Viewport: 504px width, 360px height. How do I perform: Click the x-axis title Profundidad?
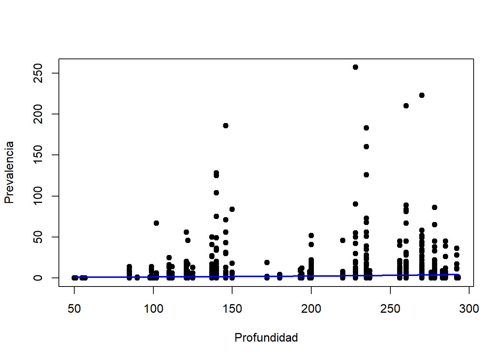(x=266, y=337)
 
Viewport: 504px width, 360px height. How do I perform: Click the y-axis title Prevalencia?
(x=9, y=172)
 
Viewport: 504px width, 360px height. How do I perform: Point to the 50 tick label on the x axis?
(x=74, y=309)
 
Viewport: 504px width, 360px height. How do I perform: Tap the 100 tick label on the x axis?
(x=153, y=309)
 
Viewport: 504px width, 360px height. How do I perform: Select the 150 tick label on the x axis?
(x=232, y=309)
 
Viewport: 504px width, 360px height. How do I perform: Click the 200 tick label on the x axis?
(x=311, y=309)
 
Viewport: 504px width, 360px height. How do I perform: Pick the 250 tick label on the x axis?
(x=390, y=309)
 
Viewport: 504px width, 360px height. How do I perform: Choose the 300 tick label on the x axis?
(x=469, y=309)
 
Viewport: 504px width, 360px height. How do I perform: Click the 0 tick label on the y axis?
(x=38, y=278)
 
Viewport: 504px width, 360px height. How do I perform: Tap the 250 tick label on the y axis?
(x=38, y=73)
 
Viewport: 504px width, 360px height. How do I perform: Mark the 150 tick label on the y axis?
(x=38, y=155)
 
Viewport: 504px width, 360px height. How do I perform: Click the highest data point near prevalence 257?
(x=355, y=67)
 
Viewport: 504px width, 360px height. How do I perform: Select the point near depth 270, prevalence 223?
(x=422, y=95)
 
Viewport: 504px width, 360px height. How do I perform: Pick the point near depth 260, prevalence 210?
(x=406, y=106)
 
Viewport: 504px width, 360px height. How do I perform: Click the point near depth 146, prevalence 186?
(x=226, y=126)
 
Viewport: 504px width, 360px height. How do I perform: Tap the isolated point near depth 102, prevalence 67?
(x=156, y=223)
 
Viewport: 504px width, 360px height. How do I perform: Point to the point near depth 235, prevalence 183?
(x=366, y=128)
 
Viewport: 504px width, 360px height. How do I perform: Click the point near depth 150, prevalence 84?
(x=232, y=209)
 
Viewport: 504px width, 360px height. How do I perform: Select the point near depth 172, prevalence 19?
(x=267, y=262)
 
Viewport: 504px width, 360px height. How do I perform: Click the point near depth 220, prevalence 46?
(x=343, y=240)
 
